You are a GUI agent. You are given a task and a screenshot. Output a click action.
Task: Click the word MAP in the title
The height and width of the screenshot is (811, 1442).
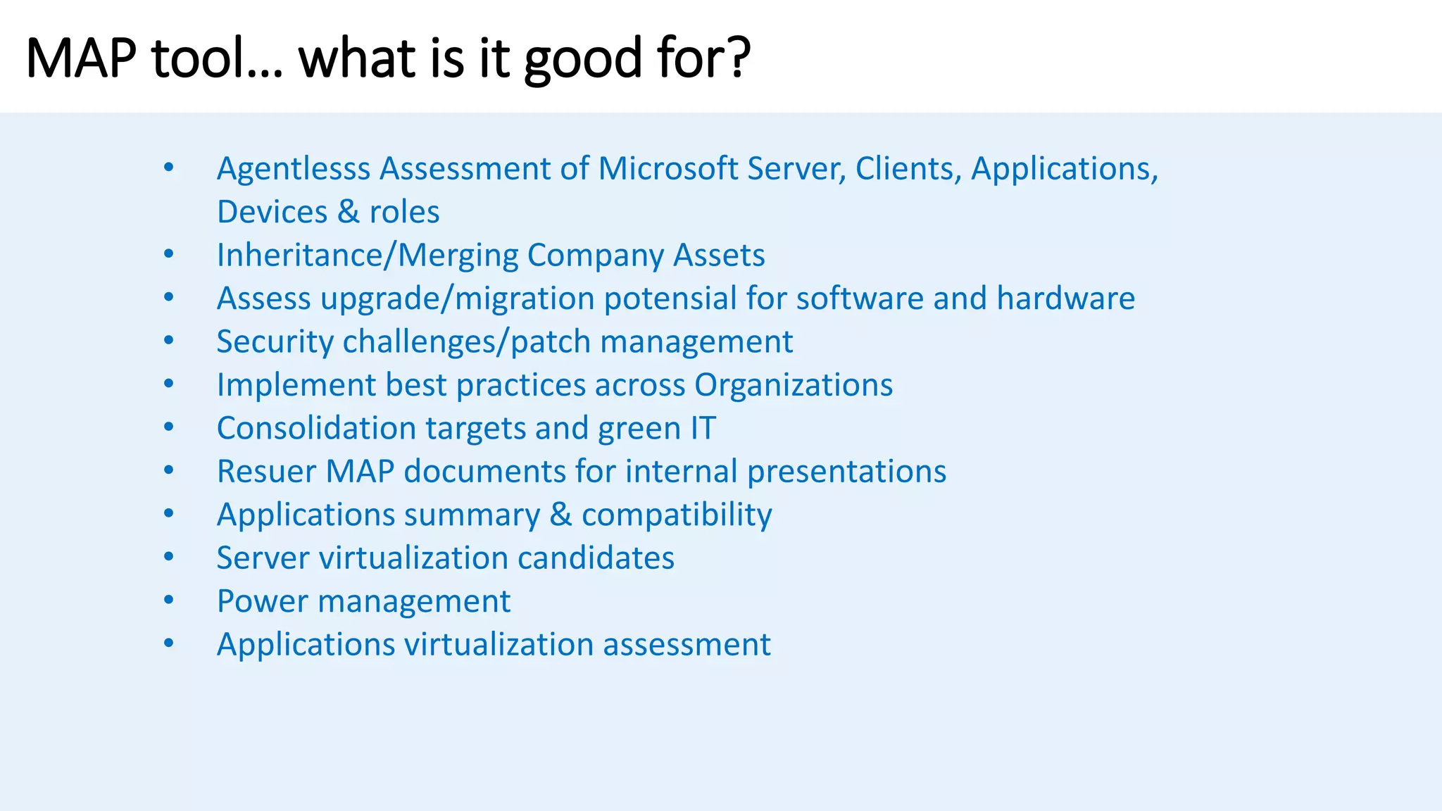click(81, 58)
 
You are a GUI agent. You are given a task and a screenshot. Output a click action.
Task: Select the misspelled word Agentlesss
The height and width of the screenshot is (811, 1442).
click(293, 170)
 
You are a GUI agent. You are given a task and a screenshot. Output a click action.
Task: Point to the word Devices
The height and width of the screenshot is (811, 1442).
click(272, 212)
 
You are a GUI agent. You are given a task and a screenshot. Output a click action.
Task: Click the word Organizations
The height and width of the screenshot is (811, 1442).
click(793, 385)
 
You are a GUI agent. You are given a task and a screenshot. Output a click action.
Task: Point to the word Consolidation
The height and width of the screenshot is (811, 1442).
click(316, 428)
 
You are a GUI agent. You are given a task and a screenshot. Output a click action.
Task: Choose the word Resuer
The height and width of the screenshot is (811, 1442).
click(266, 472)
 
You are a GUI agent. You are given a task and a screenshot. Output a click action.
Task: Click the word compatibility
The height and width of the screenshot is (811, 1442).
click(676, 515)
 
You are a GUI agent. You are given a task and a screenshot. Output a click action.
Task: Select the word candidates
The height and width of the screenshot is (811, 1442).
click(596, 558)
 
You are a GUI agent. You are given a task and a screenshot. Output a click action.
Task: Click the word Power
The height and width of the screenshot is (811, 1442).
click(262, 601)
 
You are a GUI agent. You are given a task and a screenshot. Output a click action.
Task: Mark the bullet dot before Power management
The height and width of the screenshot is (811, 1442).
click(168, 600)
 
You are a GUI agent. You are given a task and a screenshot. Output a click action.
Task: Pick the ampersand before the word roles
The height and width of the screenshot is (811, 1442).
click(348, 212)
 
